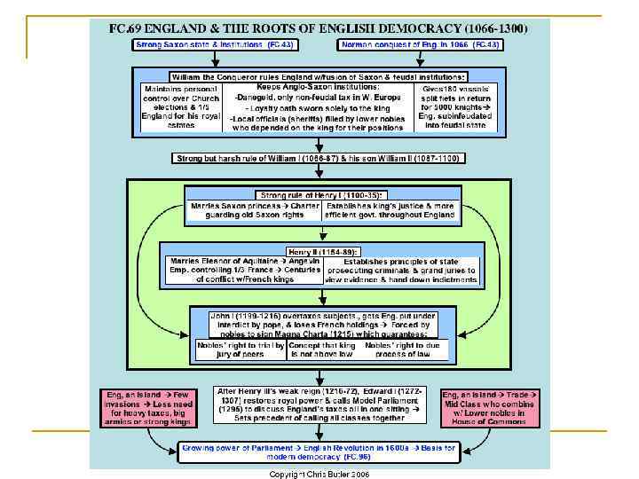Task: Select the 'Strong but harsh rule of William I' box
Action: point(319,159)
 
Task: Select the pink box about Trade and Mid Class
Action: point(492,407)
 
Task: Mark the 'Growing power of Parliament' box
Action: point(319,452)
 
